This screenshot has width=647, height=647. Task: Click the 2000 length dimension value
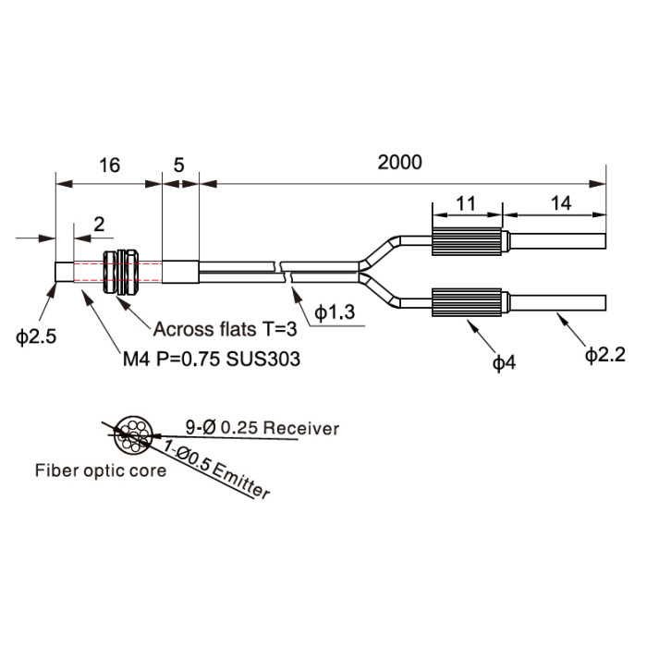[x=399, y=162]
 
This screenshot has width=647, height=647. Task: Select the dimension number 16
[x=109, y=165]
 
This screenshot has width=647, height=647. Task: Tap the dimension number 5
[x=178, y=165]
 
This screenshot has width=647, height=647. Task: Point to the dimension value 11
[x=466, y=203]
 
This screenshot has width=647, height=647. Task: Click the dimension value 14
[x=561, y=203]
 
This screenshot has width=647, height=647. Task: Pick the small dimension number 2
[x=99, y=225]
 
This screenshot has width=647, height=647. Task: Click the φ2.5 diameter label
[x=36, y=336]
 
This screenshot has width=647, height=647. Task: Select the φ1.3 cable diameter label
[x=335, y=312]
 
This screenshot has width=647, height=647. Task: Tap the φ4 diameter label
[x=505, y=362]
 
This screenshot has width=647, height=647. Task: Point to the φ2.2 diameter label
[x=605, y=354]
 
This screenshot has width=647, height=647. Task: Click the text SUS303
[x=262, y=359]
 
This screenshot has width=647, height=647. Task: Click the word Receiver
[x=300, y=428]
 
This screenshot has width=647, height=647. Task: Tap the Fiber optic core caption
[x=101, y=470]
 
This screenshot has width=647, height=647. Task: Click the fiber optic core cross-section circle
[x=133, y=416]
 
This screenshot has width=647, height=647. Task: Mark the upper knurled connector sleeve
[x=467, y=241]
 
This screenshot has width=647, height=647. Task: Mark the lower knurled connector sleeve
[x=467, y=302]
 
